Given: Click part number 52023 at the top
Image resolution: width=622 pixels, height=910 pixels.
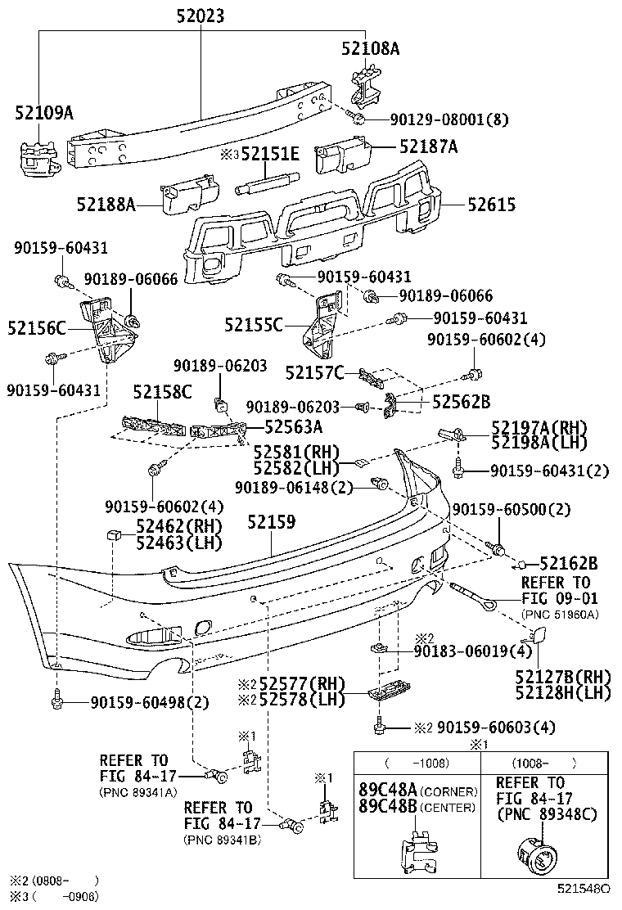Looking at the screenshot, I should click(x=199, y=16).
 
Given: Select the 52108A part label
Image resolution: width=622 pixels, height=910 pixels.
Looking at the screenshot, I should click(x=370, y=48).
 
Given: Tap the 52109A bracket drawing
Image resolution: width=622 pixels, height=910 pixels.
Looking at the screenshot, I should click(x=38, y=155).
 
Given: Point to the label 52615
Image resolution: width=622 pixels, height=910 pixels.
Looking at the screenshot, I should click(x=491, y=205).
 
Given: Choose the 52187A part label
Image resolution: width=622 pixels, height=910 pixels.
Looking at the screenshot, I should click(x=428, y=146).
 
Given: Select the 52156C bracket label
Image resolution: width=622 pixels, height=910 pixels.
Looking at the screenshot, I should click(x=36, y=328).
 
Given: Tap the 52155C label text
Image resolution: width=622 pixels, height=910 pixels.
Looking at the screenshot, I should click(x=253, y=325).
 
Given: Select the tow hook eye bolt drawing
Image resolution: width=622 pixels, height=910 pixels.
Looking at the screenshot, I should click(x=475, y=594).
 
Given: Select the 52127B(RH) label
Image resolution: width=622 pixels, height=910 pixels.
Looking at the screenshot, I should click(x=563, y=676).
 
